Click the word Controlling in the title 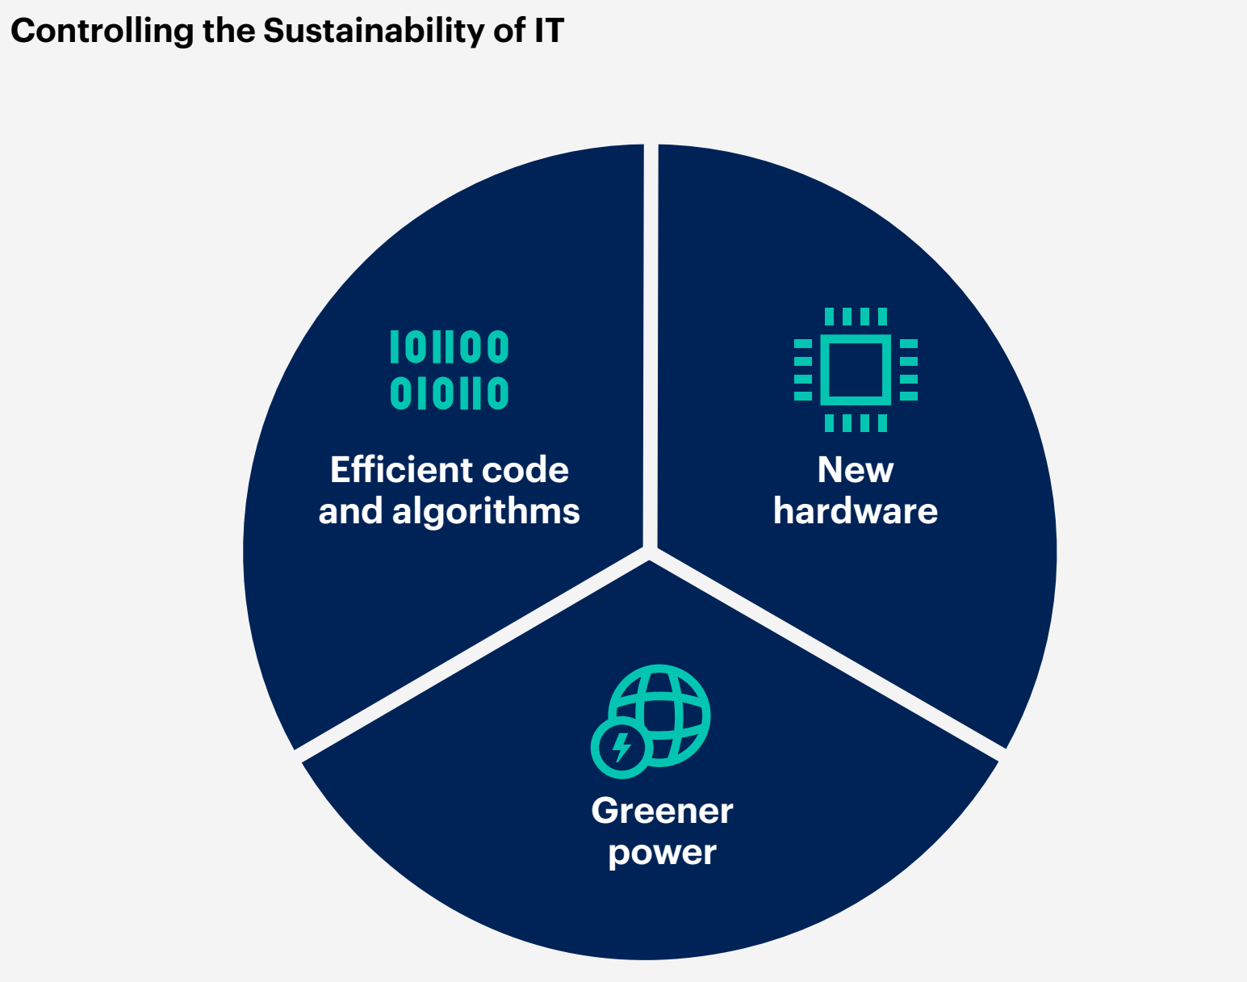(x=102, y=31)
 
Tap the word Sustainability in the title (x=373, y=31)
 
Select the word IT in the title (x=548, y=30)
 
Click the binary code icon (x=449, y=370)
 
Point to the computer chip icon (x=856, y=370)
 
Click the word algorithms (x=486, y=513)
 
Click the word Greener (x=663, y=811)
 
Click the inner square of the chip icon (x=856, y=370)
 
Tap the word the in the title (x=229, y=31)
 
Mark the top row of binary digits (x=449, y=346)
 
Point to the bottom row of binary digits (x=449, y=393)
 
